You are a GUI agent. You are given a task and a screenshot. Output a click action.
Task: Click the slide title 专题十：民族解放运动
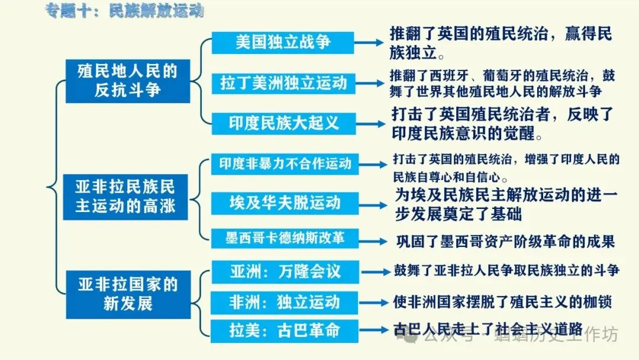(128, 11)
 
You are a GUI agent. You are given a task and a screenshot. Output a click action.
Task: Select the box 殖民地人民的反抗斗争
(127, 81)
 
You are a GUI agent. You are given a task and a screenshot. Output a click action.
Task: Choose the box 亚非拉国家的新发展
(127, 294)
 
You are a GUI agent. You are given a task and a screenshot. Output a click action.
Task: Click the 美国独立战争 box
(283, 43)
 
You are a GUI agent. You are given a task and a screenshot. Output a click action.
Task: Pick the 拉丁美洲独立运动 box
(283, 82)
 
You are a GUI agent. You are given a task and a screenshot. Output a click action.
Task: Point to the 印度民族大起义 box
(283, 123)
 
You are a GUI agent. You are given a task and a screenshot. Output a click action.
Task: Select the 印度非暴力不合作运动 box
(285, 163)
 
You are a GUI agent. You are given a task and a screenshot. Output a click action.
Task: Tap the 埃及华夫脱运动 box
(285, 203)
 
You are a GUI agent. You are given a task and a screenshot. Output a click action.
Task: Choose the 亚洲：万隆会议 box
(285, 271)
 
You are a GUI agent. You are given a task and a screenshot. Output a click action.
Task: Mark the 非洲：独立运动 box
(285, 302)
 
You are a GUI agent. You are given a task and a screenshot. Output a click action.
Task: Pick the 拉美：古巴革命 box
(285, 330)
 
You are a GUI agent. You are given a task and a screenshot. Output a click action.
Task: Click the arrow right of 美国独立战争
(372, 43)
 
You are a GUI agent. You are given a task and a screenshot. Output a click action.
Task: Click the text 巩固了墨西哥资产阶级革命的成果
(505, 242)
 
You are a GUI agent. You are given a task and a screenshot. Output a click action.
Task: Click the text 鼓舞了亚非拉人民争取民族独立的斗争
(506, 271)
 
